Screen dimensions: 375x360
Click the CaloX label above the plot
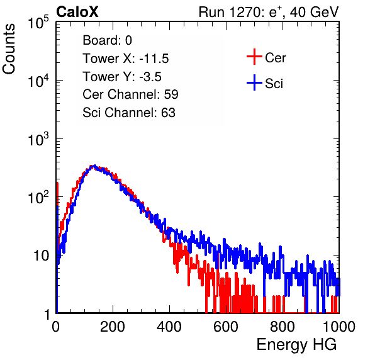[x=77, y=12]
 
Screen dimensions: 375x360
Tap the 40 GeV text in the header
[x=314, y=12]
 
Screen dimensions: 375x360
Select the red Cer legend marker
[x=254, y=57]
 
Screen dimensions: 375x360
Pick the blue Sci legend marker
[x=254, y=82]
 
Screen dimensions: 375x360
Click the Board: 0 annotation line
[x=107, y=40]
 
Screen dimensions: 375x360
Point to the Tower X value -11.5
[x=154, y=59]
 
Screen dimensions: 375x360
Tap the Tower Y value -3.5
[x=150, y=77]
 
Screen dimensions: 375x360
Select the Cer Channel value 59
[x=171, y=94]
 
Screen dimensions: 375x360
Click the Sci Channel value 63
[x=168, y=113]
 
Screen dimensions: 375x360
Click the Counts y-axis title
[x=9, y=48]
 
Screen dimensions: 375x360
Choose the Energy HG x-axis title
[x=296, y=345]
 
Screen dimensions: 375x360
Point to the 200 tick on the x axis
[x=113, y=327]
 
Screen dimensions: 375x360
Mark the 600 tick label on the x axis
[x=226, y=327]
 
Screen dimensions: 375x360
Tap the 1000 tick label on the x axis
[x=339, y=327]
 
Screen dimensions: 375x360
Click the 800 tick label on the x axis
[x=283, y=327]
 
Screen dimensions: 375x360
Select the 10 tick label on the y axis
[x=41, y=256]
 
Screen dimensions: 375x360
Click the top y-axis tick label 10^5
[x=38, y=22]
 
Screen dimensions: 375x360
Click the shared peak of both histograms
[x=94, y=167]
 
